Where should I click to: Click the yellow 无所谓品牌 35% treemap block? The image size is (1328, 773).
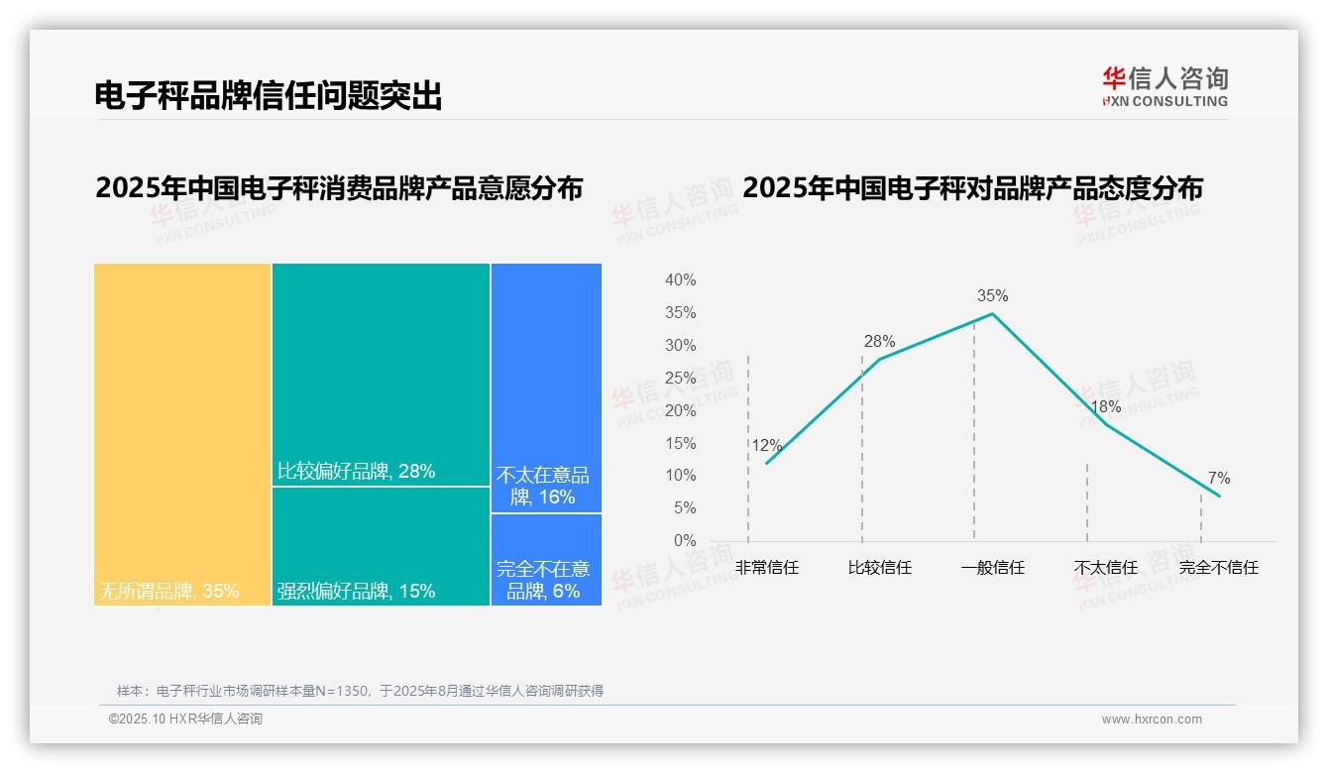tap(182, 434)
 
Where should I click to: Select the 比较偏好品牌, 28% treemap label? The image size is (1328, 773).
tap(357, 472)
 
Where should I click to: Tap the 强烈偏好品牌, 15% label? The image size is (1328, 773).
tap(357, 592)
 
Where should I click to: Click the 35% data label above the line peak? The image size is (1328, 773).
tap(992, 296)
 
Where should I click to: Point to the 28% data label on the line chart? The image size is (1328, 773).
tap(879, 342)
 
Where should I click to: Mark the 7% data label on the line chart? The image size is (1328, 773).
tap(1219, 479)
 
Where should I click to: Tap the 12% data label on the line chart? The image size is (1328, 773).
tap(766, 446)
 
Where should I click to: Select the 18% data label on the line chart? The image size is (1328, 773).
tap(1105, 407)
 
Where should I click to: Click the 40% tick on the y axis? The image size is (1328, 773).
tap(680, 280)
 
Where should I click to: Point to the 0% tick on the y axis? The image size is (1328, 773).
tap(685, 541)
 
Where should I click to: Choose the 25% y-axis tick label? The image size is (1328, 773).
tap(680, 379)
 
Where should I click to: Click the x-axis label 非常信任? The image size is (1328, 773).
tap(766, 568)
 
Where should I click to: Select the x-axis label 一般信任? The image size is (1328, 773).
tap(992, 568)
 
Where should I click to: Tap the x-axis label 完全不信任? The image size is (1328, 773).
tap(1218, 568)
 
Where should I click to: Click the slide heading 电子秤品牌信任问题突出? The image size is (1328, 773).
tap(268, 96)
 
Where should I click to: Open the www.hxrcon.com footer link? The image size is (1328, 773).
tap(1152, 719)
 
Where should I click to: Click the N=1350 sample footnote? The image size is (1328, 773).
tap(360, 691)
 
